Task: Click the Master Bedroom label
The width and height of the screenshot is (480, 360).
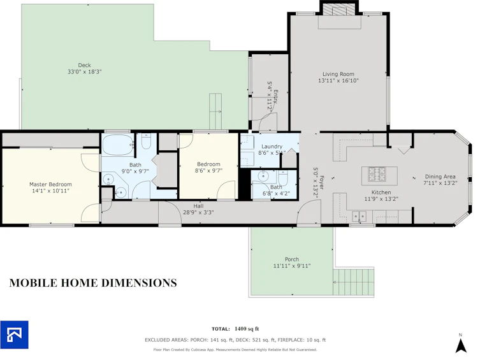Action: pyautogui.click(x=50, y=184)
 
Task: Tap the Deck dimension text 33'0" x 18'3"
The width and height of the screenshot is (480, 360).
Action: pyautogui.click(x=85, y=72)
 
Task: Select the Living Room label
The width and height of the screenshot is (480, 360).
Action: pyautogui.click(x=338, y=74)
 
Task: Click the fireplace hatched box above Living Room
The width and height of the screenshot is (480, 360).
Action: pyautogui.click(x=339, y=9)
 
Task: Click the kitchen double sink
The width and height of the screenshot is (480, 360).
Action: pyautogui.click(x=359, y=217)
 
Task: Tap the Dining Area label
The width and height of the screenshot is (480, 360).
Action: pyautogui.click(x=440, y=176)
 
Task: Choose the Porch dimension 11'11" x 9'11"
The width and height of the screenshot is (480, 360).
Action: pyautogui.click(x=292, y=266)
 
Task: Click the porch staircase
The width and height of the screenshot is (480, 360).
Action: pyautogui.click(x=354, y=282)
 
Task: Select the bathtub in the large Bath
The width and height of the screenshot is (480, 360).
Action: pyautogui.click(x=118, y=145)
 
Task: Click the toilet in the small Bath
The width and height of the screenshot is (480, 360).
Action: pyautogui.click(x=283, y=178)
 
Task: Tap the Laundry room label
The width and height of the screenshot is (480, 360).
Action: pyautogui.click(x=272, y=147)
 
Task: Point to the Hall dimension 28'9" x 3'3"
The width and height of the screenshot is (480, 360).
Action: pyautogui.click(x=198, y=212)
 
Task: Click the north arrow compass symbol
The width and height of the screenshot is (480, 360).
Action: pyautogui.click(x=461, y=345)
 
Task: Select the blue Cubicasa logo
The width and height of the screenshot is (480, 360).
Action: pyautogui.click(x=15, y=335)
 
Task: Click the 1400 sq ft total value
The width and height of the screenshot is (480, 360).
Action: pyautogui.click(x=247, y=329)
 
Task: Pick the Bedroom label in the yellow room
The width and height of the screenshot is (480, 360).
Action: pyautogui.click(x=208, y=164)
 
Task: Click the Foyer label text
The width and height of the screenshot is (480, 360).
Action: pyautogui.click(x=322, y=183)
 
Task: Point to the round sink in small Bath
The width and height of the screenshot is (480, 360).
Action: pyautogui.click(x=263, y=176)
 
